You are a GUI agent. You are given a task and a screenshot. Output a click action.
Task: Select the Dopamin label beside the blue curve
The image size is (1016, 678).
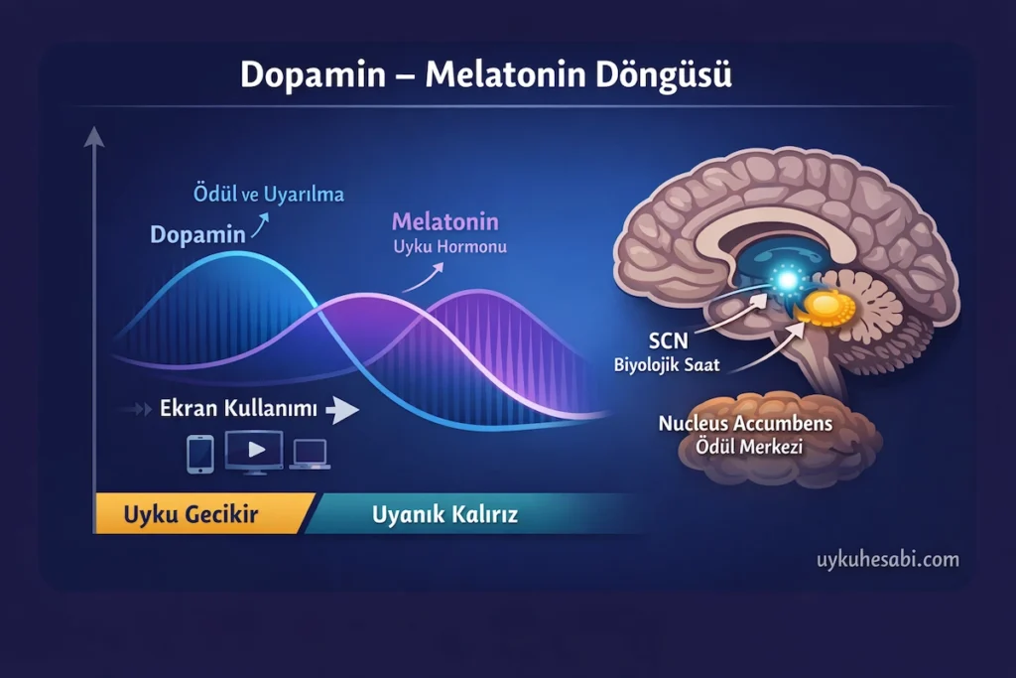tap(197, 235)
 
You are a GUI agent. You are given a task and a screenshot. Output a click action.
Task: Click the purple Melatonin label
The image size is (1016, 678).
tap(444, 221)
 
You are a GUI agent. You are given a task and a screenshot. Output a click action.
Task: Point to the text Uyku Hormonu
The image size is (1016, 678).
tap(449, 246)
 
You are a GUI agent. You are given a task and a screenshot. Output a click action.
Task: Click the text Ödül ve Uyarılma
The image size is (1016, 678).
tap(268, 195)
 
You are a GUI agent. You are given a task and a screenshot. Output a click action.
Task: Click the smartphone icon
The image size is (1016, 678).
tap(199, 453)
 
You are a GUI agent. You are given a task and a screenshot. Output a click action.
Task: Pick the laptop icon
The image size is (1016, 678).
tap(311, 454)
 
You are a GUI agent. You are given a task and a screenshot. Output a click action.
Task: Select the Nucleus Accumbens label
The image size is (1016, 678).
tap(745, 424)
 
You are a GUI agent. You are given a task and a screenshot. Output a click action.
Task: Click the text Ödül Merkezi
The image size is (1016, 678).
tap(746, 447)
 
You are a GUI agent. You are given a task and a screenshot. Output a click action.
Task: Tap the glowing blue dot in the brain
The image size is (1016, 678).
tap(785, 282)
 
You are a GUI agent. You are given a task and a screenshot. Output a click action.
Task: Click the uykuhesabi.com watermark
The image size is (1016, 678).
tap(887, 560)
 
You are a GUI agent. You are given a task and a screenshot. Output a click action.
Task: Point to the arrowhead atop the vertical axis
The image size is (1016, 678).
tap(94, 136)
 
